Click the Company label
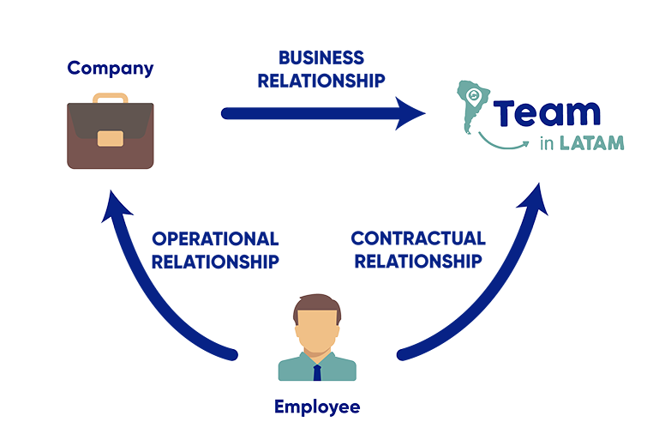pos(111,69)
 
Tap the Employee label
pos(317,407)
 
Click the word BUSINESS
pos(321,58)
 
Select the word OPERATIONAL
pos(215,239)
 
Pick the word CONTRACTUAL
pos(418,238)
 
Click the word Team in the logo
pos(547,113)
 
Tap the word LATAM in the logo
pos(592,143)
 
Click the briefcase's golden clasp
pos(111,139)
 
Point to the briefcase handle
pos(111,99)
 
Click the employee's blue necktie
pos(317,372)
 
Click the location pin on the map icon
pos(473,96)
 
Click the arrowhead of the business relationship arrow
pos(410,113)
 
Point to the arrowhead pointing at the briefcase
pos(116,205)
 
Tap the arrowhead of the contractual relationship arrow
pos(534,198)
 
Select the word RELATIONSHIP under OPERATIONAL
pos(215,262)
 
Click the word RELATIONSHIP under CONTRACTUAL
pos(418,262)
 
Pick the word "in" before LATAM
pos(547,143)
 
